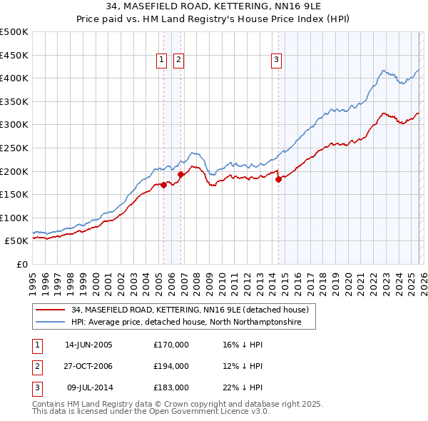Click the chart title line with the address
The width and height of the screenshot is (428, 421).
[213, 6]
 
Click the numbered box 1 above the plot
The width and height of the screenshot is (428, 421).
[163, 61]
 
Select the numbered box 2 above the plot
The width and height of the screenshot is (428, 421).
[178, 61]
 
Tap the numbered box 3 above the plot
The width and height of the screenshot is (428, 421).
[276, 61]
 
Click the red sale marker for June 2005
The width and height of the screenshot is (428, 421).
[163, 185]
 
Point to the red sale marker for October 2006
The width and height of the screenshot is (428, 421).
[180, 173]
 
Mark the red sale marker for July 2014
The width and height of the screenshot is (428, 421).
[278, 179]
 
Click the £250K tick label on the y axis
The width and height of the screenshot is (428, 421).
[14, 148]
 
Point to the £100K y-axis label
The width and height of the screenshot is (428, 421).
[14, 218]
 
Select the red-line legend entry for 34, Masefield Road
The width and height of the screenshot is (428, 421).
[190, 310]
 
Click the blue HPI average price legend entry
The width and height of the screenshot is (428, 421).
[186, 323]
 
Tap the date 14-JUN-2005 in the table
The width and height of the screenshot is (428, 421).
[88, 345]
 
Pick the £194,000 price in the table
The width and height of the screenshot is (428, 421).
[170, 366]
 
